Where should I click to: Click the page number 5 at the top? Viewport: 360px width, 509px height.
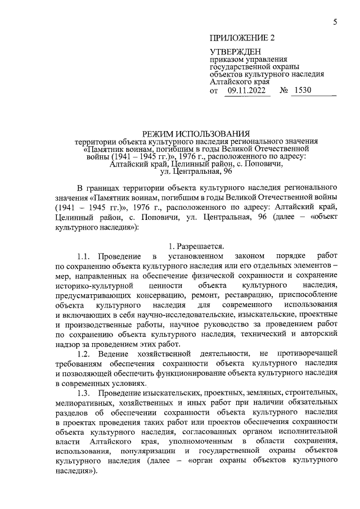(335, 22)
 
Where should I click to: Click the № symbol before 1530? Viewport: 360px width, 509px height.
(284, 90)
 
